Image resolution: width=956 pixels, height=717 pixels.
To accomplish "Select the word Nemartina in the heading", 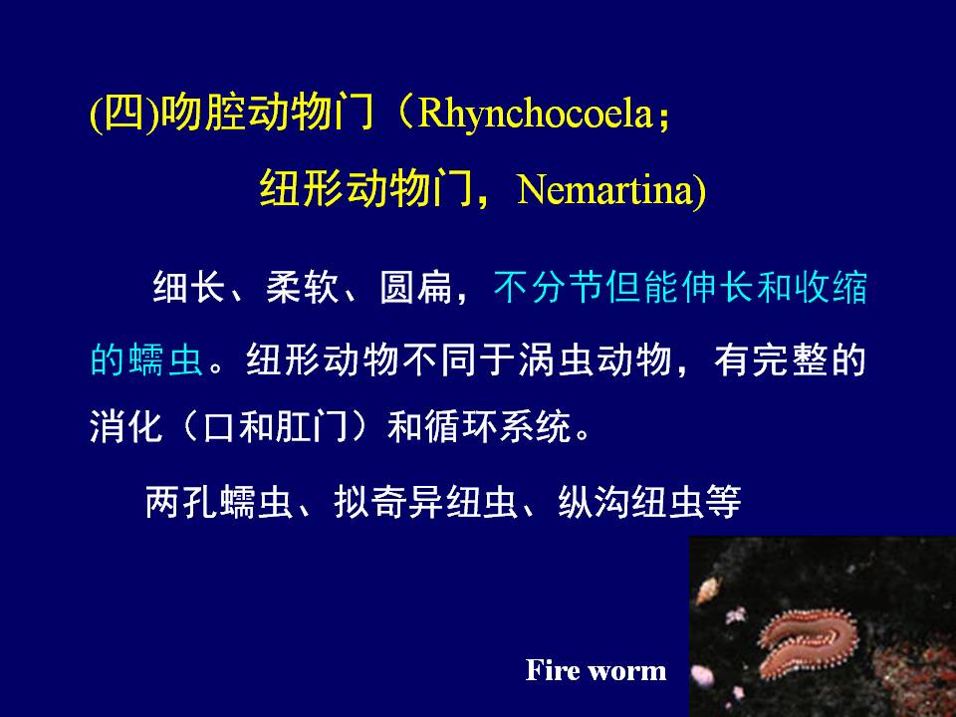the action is coord(605,189).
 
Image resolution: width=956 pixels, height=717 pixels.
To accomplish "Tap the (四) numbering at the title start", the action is coord(124,113).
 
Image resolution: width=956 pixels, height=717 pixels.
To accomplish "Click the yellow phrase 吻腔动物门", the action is coord(267,113).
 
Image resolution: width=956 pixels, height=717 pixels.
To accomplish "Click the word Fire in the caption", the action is coord(553,670).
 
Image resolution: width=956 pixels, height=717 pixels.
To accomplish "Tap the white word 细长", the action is coord(189,287).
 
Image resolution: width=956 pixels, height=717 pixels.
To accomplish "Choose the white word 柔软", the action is coord(303,287).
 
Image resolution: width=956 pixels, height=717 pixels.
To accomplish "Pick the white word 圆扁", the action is coord(416,287).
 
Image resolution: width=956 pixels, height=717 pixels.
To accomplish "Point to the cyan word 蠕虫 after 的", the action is coord(165,359).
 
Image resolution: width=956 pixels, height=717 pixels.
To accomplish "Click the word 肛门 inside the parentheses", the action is coord(312,426).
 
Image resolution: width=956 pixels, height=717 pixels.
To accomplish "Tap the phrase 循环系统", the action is coord(498,426).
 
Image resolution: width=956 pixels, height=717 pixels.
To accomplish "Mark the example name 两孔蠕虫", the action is coord(219,502).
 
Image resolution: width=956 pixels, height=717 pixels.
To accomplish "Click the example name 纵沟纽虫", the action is coord(631,502).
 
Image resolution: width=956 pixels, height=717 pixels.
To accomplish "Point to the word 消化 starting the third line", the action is coord(126,426).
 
